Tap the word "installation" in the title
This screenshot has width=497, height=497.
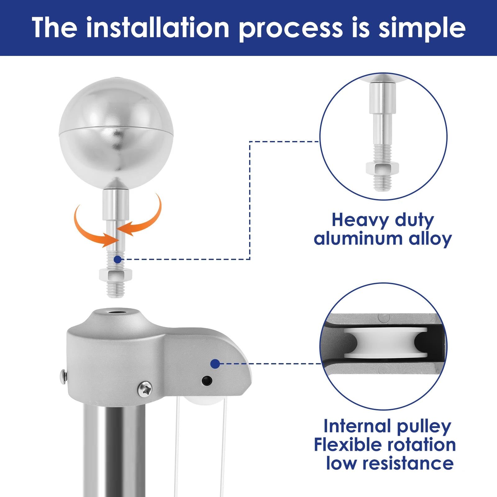[x=158, y=28]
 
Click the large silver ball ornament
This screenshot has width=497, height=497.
[x=116, y=133]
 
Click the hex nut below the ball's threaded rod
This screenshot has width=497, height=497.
[x=116, y=274]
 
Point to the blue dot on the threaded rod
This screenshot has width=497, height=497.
[x=117, y=259]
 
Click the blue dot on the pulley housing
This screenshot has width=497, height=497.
[x=215, y=364]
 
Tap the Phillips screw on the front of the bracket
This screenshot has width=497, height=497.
[x=145, y=389]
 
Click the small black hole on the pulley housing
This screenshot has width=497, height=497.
[x=207, y=381]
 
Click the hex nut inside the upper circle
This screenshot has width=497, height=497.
[x=382, y=168]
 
